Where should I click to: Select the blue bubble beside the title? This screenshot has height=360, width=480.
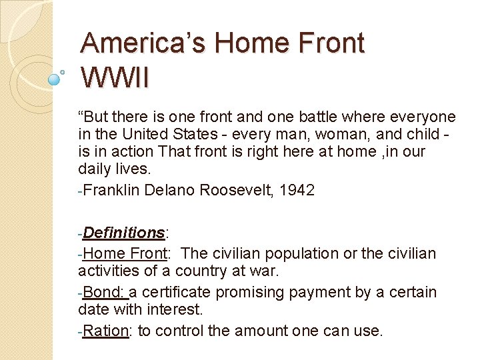(x=55, y=79)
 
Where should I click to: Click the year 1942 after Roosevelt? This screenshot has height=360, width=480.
(x=297, y=190)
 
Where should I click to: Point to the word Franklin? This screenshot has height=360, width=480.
(x=112, y=190)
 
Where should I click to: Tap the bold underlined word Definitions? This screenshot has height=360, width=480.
(x=125, y=233)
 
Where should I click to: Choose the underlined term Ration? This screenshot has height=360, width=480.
(x=107, y=331)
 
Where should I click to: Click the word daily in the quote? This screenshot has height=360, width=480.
(x=94, y=169)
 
